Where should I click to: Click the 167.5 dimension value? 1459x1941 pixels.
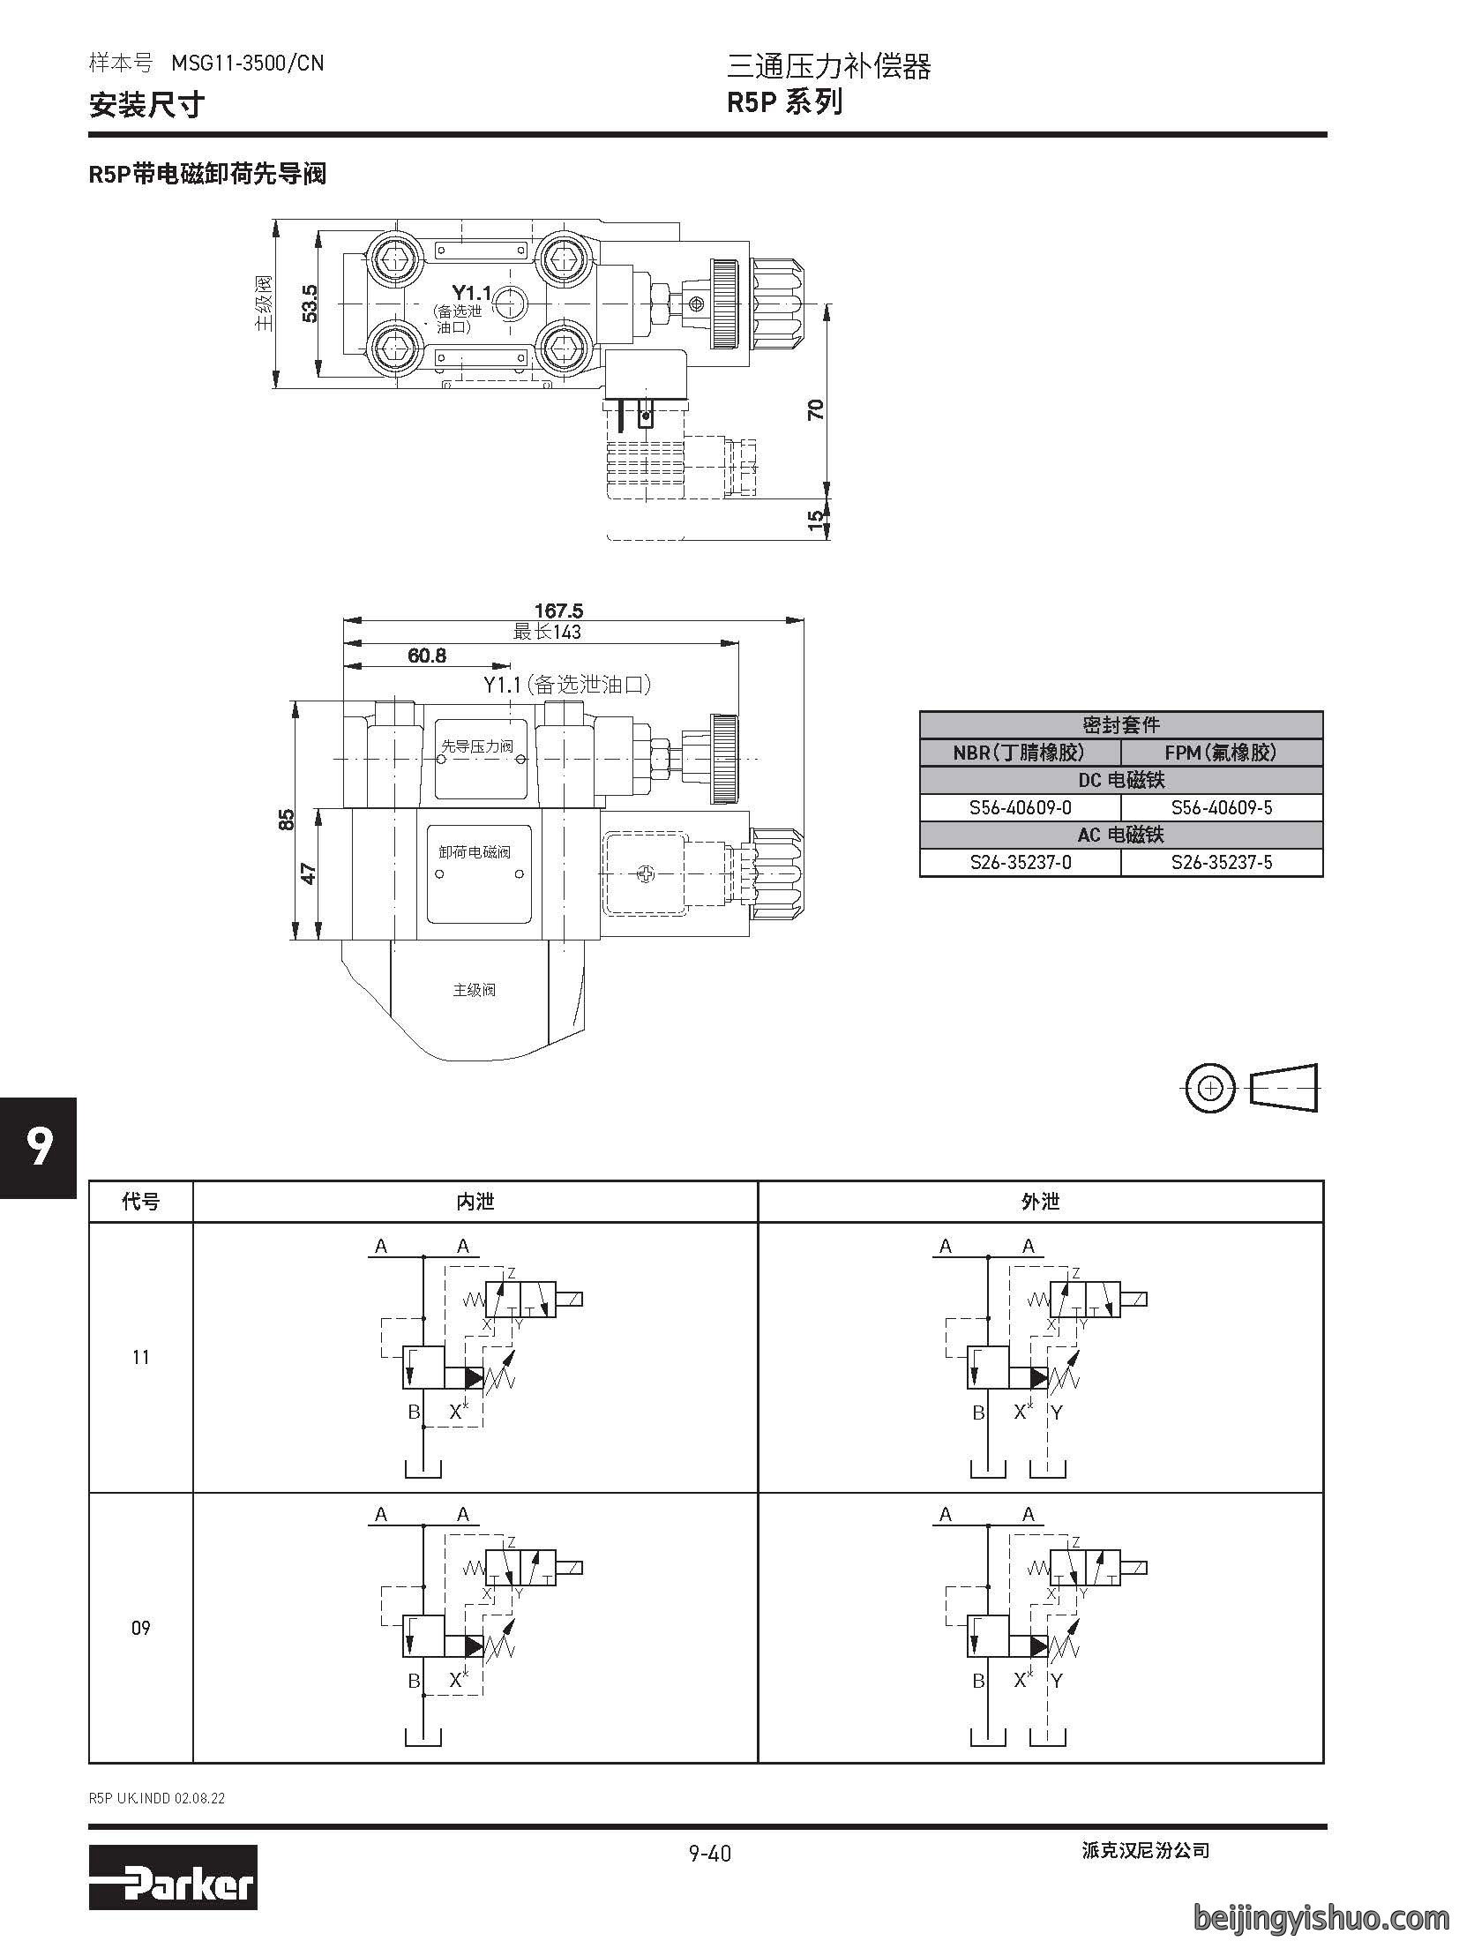pos(558,610)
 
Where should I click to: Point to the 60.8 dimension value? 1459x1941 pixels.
pos(427,655)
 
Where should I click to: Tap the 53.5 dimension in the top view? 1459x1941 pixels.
pos(310,303)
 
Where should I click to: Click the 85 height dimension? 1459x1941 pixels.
pos(286,820)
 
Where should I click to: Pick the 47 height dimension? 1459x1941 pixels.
pos(309,873)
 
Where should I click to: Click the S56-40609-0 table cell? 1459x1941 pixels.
pos(1020,807)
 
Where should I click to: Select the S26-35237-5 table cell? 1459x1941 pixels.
pos(1222,862)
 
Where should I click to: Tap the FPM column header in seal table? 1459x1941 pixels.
pos(1222,753)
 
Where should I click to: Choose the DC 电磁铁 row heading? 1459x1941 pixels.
pos(1121,780)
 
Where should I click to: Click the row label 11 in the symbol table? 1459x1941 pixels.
pos(141,1357)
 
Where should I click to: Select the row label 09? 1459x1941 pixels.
pos(141,1628)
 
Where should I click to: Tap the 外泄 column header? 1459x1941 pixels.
pos(1040,1201)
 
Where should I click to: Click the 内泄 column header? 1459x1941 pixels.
pos(475,1201)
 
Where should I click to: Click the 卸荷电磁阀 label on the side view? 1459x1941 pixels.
pos(475,852)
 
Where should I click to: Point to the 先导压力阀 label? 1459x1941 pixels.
pos(476,746)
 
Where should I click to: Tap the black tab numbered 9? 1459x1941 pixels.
pos(39,1148)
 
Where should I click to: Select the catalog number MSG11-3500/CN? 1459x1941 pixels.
pos(248,64)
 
